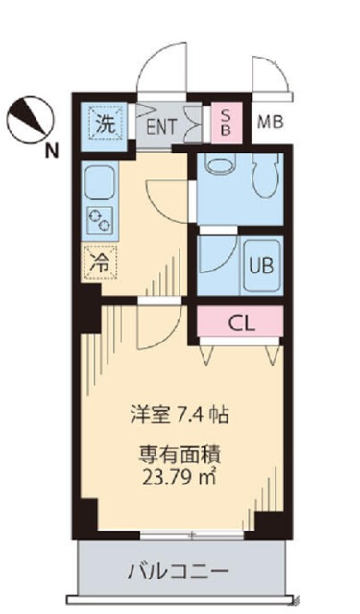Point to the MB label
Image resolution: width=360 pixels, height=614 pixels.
point(269,122)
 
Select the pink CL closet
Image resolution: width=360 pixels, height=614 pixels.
point(242,322)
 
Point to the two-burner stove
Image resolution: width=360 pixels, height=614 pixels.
point(100,220)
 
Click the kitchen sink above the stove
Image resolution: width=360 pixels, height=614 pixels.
point(99,181)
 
